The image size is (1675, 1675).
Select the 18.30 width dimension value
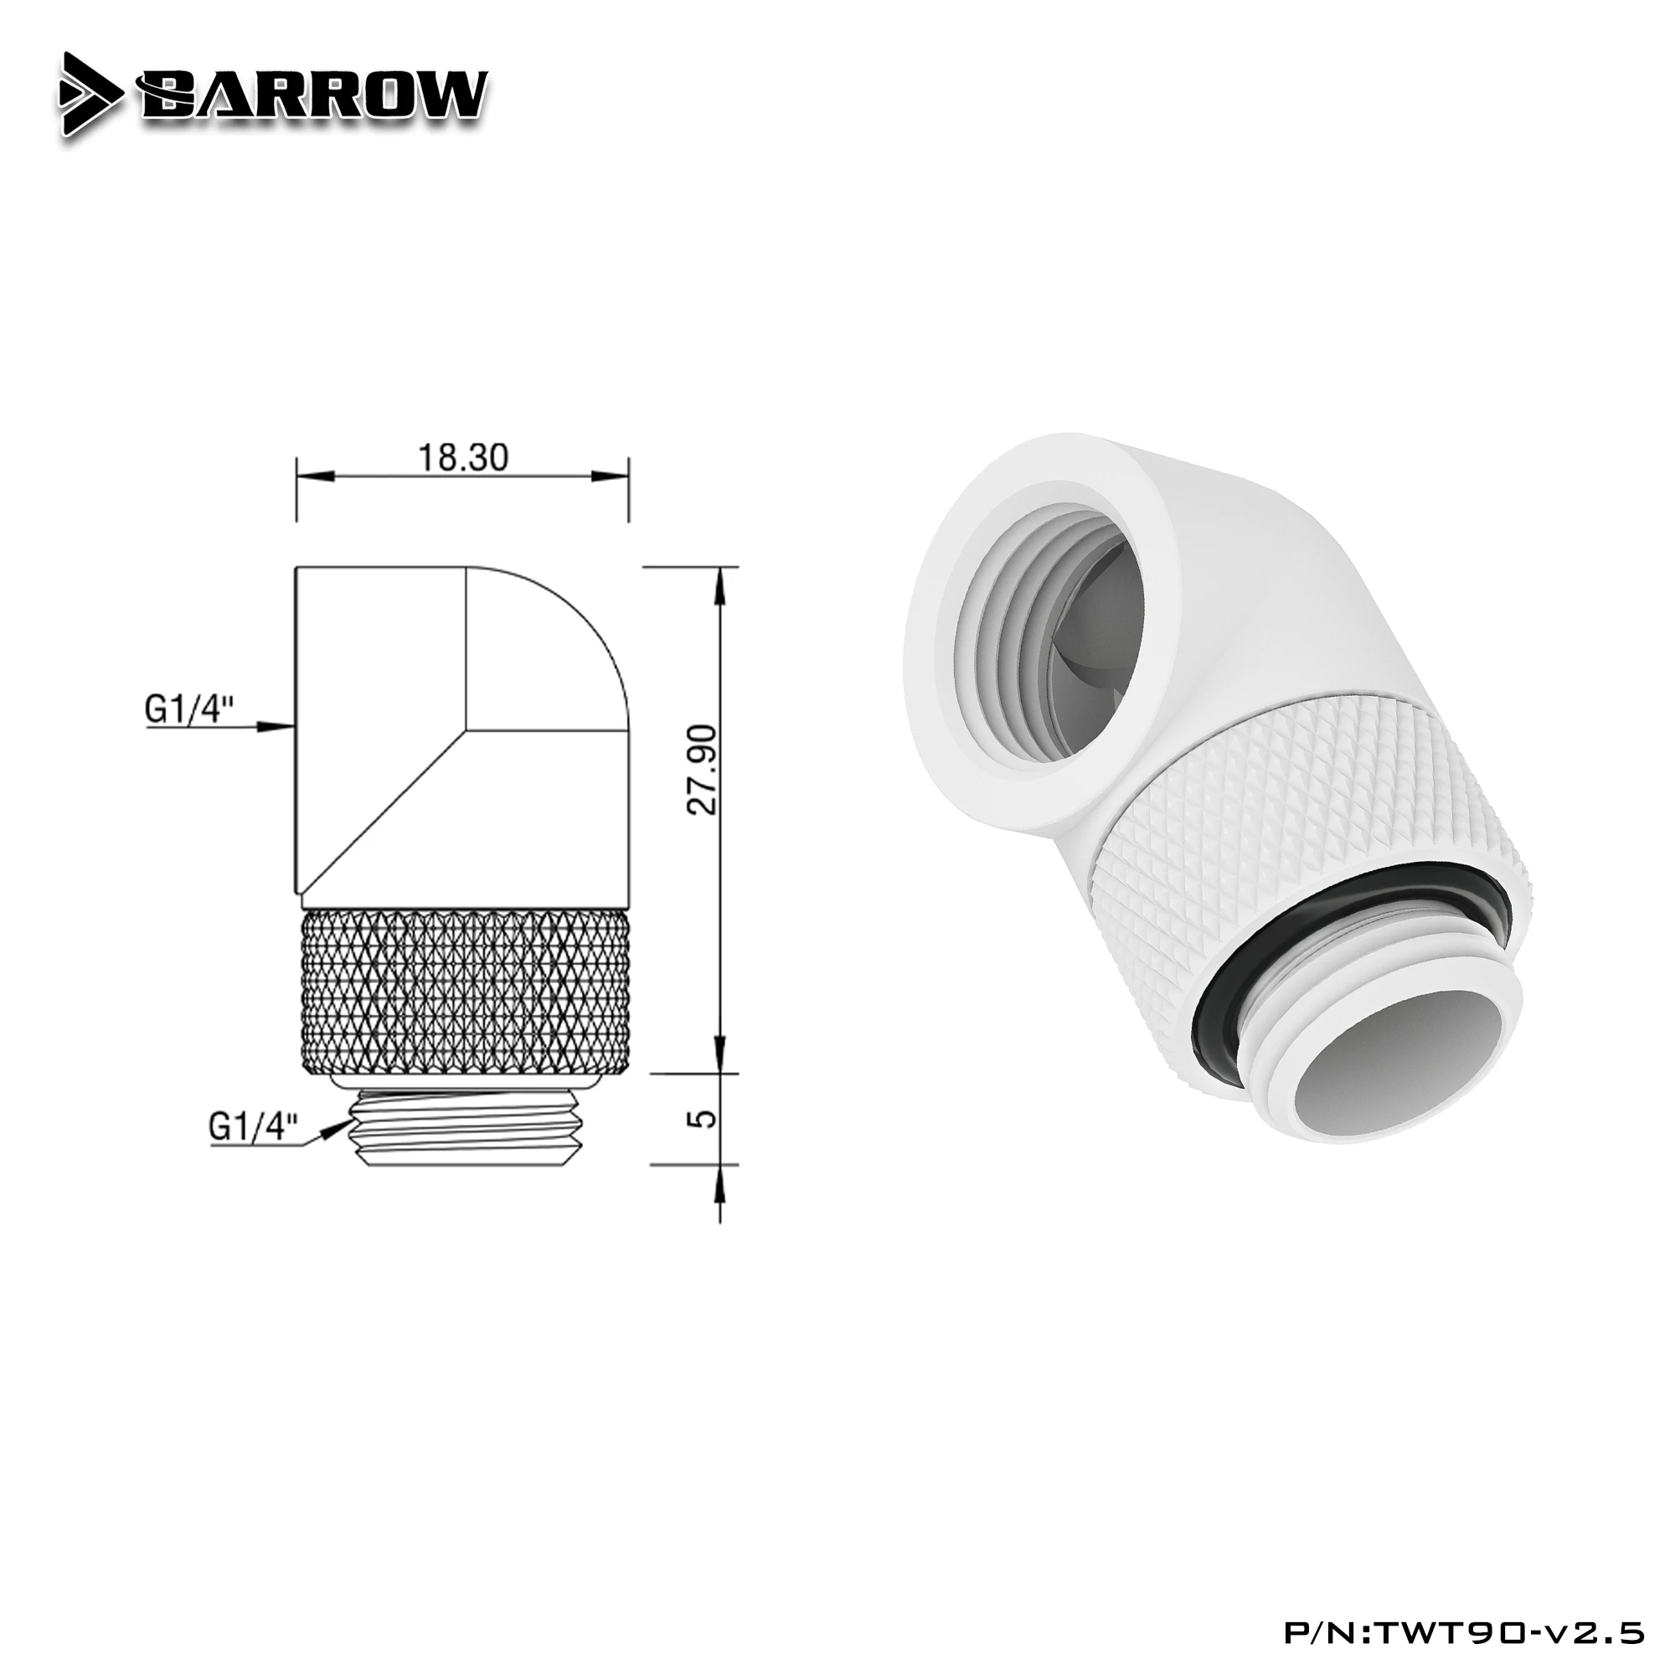[463, 458]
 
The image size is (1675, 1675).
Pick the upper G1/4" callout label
[189, 711]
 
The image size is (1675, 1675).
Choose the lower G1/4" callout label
[253, 1128]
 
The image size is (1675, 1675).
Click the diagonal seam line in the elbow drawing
[381, 802]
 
